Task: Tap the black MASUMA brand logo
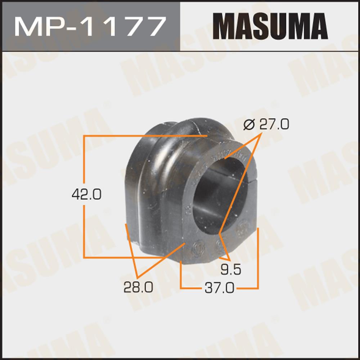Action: [270, 26]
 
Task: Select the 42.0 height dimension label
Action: [86, 194]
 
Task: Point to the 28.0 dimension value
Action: [138, 287]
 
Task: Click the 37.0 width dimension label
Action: [220, 288]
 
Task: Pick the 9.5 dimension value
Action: [231, 269]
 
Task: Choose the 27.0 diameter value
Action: [274, 124]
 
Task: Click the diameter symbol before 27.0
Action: [249, 125]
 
